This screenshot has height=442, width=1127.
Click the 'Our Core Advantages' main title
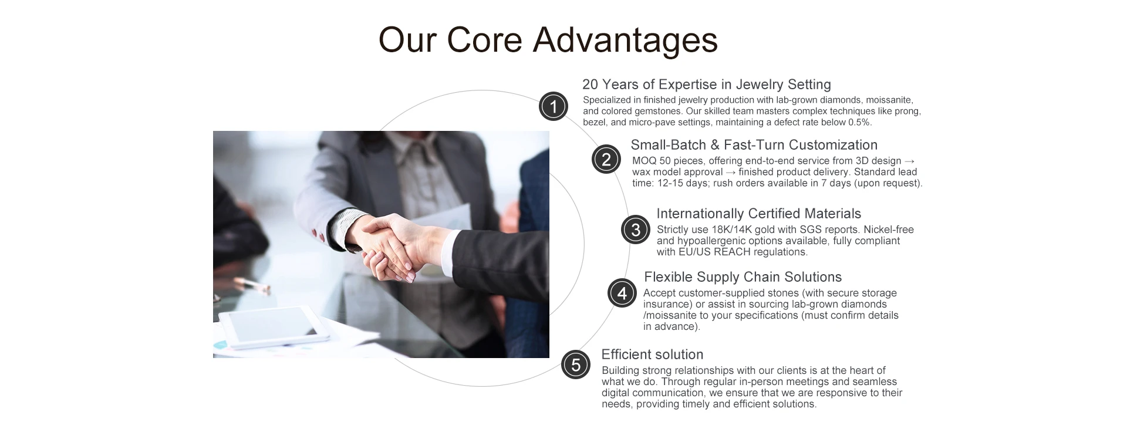coord(548,40)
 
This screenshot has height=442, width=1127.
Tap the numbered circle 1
coord(553,106)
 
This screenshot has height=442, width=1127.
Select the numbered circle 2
coord(606,159)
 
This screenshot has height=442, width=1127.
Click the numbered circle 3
coord(636,230)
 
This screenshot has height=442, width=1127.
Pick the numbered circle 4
coord(622,292)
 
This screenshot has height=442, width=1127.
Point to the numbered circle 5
coord(576,365)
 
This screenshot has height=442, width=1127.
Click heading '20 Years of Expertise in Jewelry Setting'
coord(707,85)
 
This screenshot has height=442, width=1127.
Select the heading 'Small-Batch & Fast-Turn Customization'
coord(754,145)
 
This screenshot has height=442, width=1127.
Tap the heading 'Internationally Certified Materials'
coord(759,214)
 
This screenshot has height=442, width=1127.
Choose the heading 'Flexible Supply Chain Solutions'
coord(743,277)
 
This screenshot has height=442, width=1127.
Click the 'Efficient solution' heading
coord(652,355)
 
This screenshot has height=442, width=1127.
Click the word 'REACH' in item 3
coord(731,252)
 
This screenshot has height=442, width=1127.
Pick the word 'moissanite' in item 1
coord(889,100)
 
